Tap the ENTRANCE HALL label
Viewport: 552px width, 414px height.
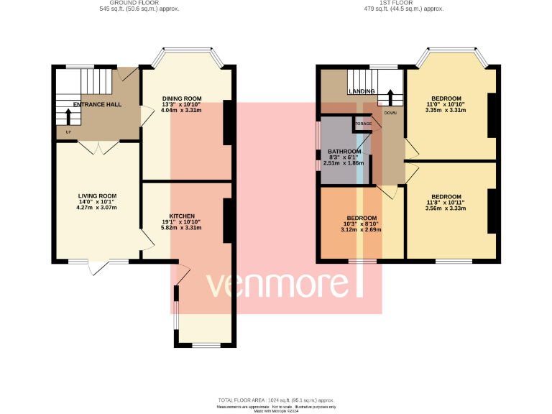[x=97, y=104]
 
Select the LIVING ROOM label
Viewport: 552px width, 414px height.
[x=97, y=195]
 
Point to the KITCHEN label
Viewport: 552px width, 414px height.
[x=181, y=216]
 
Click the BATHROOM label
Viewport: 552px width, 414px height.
[x=344, y=152]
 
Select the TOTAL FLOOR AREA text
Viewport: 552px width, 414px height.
[x=276, y=400]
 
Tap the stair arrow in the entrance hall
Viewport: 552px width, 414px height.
[x=68, y=116]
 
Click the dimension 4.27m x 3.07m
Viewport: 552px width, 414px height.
[x=97, y=208]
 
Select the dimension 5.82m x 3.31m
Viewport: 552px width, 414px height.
[x=181, y=229]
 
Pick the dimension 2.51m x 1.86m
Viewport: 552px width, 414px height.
[x=344, y=163]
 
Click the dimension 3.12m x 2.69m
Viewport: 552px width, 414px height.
[x=362, y=230]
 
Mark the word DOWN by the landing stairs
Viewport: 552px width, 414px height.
[x=390, y=113]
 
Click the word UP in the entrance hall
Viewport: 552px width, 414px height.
[x=68, y=132]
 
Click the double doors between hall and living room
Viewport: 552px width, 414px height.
[x=98, y=147]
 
